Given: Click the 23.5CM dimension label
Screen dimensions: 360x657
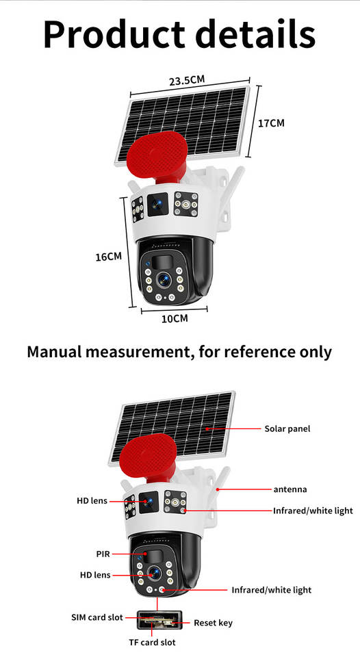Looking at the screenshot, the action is pyautogui.click(x=187, y=79).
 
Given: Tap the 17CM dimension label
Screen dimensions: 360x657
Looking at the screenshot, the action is pyautogui.click(x=271, y=123).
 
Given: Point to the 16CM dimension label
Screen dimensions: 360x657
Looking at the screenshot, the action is pyautogui.click(x=109, y=257).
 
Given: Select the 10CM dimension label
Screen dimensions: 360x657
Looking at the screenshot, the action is pyautogui.click(x=175, y=318).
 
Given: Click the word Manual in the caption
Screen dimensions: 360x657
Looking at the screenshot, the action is pyautogui.click(x=53, y=351).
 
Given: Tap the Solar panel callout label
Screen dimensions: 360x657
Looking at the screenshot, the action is pyautogui.click(x=287, y=428).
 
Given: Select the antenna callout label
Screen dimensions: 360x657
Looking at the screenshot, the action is pyautogui.click(x=290, y=489).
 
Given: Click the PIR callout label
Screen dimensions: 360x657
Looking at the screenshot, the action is pyautogui.click(x=103, y=554).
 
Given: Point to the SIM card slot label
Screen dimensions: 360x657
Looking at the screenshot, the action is pyautogui.click(x=97, y=617).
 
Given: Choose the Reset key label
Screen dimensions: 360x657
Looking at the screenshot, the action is pyautogui.click(x=213, y=623).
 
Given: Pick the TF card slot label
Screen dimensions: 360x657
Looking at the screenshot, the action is pyautogui.click(x=152, y=643).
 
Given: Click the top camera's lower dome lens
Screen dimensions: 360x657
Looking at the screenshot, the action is pyautogui.click(x=164, y=279).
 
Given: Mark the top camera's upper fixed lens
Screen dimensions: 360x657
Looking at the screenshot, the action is pyautogui.click(x=157, y=204).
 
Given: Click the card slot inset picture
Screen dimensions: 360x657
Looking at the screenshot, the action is pyautogui.click(x=159, y=619).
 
